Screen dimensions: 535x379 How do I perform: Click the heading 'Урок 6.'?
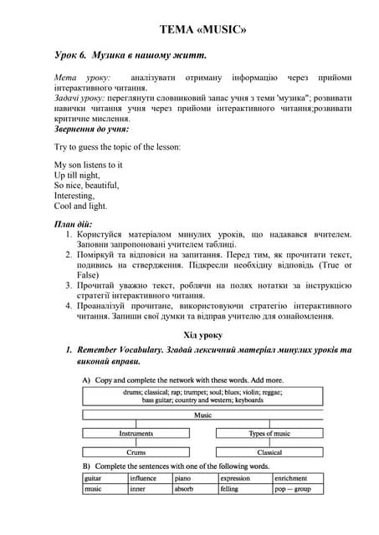pos(70,55)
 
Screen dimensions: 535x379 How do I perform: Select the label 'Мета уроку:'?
pos(76,77)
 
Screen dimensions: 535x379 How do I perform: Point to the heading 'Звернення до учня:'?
pos(91,129)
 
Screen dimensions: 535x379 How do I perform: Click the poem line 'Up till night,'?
pos(78,176)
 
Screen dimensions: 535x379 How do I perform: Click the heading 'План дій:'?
pos(76,225)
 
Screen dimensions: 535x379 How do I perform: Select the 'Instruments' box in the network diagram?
pos(136,433)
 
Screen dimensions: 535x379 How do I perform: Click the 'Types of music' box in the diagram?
pos(269,433)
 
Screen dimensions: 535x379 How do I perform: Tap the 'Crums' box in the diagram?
pos(136,452)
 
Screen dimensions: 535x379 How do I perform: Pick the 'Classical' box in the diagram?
pos(269,452)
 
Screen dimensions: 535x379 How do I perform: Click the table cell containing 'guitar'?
pos(105,478)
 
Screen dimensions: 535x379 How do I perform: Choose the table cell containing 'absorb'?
pos(194,489)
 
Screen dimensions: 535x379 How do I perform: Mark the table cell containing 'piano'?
pos(194,478)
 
